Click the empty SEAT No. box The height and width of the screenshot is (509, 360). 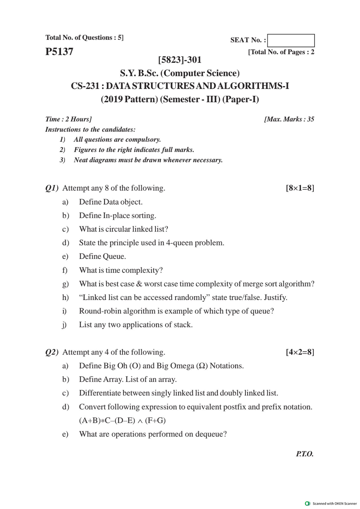click(x=291, y=40)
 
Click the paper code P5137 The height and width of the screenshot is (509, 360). click(x=59, y=52)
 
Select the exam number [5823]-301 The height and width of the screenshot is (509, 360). click(x=180, y=60)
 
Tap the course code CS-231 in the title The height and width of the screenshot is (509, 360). click(x=85, y=86)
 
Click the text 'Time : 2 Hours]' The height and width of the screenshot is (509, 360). click(x=68, y=119)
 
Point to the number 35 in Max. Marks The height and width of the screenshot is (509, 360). click(x=310, y=119)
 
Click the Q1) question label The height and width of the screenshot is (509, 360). click(x=52, y=188)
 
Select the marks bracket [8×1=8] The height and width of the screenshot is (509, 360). click(x=300, y=188)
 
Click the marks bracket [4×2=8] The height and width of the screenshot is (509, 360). click(x=300, y=352)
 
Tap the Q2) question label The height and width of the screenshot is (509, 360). click(x=52, y=352)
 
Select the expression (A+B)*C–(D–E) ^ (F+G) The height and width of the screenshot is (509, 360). click(x=122, y=421)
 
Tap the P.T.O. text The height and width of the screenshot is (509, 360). click(x=304, y=454)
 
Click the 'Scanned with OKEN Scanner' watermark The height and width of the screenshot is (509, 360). click(x=331, y=503)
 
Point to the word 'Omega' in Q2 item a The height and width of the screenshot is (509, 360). click(x=182, y=366)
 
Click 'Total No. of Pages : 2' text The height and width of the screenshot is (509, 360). click(x=281, y=52)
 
